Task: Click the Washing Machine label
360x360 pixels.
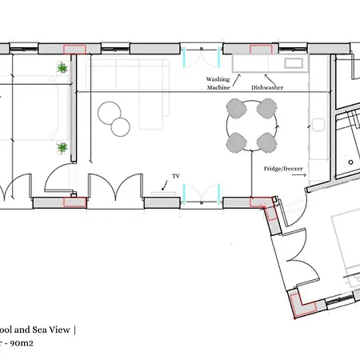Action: pyautogui.click(x=218, y=83)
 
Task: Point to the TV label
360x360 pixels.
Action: pyautogui.click(x=176, y=175)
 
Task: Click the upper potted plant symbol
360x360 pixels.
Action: pyautogui.click(x=62, y=70)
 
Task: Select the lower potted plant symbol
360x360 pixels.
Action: pyautogui.click(x=62, y=148)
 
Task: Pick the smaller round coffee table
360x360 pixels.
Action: pyautogui.click(x=121, y=126)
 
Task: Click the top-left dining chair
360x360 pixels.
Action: pyautogui.click(x=238, y=106)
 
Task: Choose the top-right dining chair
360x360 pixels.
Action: pyautogui.click(x=266, y=106)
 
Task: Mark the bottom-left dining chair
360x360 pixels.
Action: pyautogui.click(x=238, y=142)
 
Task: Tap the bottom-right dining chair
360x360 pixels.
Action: pyautogui.click(x=266, y=142)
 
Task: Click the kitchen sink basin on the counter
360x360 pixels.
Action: pyautogui.click(x=292, y=62)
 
